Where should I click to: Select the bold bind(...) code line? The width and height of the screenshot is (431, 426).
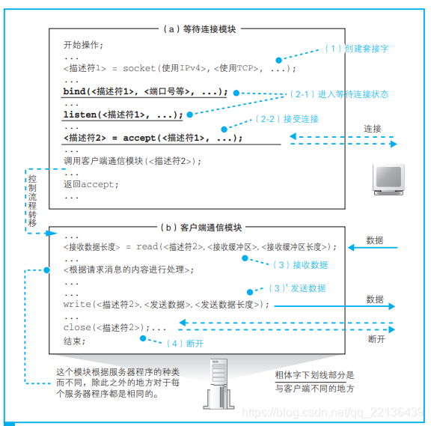click(x=145, y=92)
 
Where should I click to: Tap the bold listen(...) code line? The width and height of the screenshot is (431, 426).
click(x=123, y=115)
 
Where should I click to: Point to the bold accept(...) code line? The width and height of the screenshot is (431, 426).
click(x=153, y=138)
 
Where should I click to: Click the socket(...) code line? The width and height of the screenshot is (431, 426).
click(x=180, y=69)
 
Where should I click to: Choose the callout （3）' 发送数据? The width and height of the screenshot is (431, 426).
click(x=297, y=287)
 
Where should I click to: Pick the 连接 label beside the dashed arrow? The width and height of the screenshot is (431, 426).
click(x=373, y=129)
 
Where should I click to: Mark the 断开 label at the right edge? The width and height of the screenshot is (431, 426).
click(x=377, y=339)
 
